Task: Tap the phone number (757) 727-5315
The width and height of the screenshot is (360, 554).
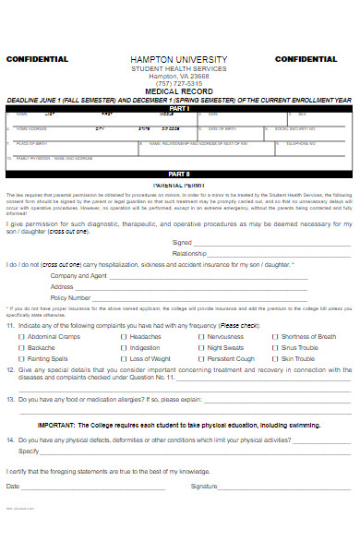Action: (179, 83)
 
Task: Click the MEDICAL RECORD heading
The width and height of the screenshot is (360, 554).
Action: (179, 91)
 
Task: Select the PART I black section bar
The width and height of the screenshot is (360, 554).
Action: (179, 108)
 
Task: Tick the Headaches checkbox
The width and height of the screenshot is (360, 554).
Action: (123, 337)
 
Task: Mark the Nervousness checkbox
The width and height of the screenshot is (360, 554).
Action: (200, 337)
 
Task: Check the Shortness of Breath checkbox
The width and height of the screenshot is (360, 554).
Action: (275, 337)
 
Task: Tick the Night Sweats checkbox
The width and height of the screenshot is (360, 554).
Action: (200, 347)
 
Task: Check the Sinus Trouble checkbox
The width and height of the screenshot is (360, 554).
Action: (275, 347)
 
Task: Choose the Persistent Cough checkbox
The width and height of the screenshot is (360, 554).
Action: (200, 358)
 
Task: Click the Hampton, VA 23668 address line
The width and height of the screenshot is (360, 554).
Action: (179, 76)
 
